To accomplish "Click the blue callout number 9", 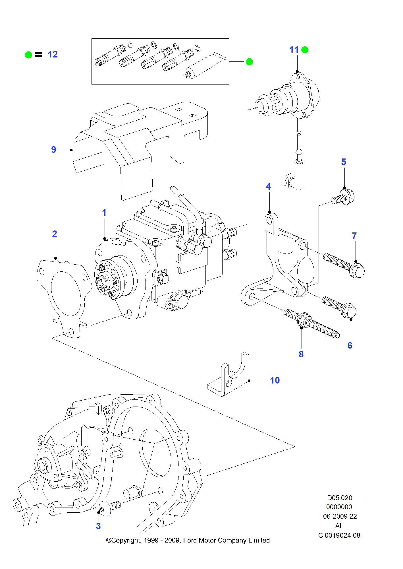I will point(53,150).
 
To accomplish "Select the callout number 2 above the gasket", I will point(55,234).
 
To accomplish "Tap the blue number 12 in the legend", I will point(53,54).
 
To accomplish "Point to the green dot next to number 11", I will point(305,50).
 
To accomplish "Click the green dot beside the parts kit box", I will point(249,62).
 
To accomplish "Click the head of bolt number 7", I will point(357,271).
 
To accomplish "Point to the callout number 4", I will point(268,187).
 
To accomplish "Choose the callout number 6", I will point(350,345).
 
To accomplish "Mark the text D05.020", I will point(339,498).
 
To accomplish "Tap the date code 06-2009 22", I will point(340,516).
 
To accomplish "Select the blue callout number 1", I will point(104,213).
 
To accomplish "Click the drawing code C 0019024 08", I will point(339,535).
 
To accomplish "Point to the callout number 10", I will point(275,380).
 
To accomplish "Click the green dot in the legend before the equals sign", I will point(28,55).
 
